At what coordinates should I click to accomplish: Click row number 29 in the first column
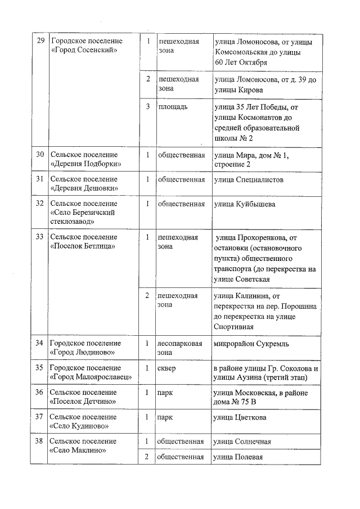pyautogui.click(x=40, y=41)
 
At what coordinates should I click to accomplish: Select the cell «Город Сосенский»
pyautogui.click(x=83, y=51)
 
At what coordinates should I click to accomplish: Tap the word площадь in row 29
pyautogui.click(x=173, y=106)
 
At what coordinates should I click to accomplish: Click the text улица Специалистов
pyautogui.click(x=248, y=179)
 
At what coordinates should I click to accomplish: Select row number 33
pyautogui.click(x=40, y=237)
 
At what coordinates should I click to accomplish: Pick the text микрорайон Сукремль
pyautogui.click(x=251, y=343)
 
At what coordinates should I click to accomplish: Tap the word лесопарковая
pyautogui.click(x=180, y=343)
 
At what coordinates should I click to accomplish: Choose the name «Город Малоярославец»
pyautogui.click(x=89, y=377)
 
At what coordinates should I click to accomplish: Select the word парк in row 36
pyautogui.click(x=165, y=393)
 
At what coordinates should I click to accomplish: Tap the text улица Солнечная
pyautogui.click(x=242, y=442)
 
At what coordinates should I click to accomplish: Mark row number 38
pyautogui.click(x=40, y=442)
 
